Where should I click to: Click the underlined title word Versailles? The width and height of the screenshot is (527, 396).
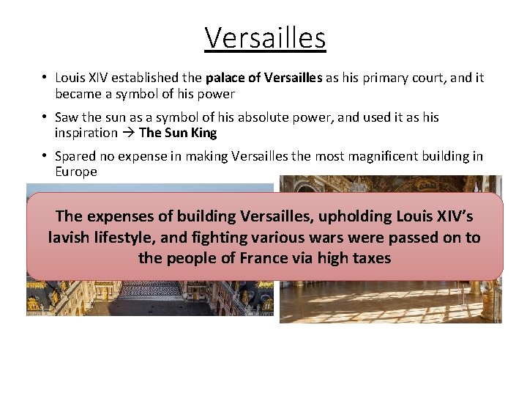coord(264,37)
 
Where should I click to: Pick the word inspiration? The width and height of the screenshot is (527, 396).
coord(86,133)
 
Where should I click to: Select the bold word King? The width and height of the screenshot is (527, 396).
coord(201,133)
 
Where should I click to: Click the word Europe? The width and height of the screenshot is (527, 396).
coord(75,172)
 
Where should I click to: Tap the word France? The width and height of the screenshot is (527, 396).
coord(266,258)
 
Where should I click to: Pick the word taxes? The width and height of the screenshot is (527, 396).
coord(370,258)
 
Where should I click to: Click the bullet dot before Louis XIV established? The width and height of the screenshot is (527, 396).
coord(45,78)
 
